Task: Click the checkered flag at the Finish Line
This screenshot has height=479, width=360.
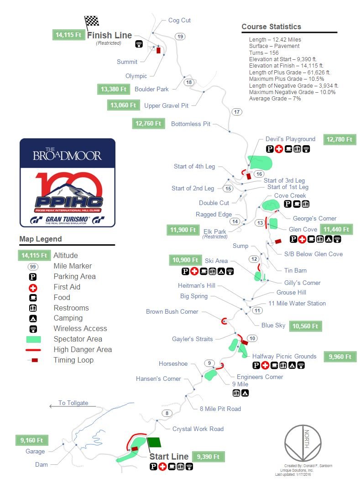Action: (x=92, y=21)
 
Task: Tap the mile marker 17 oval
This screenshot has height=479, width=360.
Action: (x=236, y=112)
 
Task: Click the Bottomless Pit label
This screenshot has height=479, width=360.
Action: (x=190, y=124)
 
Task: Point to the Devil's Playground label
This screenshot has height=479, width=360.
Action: (x=290, y=139)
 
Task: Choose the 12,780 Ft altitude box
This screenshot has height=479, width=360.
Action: (x=339, y=139)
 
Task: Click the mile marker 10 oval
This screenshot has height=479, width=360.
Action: (x=252, y=338)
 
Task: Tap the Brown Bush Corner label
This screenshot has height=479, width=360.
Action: (x=172, y=311)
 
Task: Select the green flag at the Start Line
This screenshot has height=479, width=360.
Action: (x=154, y=442)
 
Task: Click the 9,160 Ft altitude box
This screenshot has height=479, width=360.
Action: (x=31, y=440)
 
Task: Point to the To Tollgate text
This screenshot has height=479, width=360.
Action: (x=73, y=403)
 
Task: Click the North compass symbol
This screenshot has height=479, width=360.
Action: (x=303, y=442)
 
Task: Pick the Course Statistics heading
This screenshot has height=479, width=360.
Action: (x=271, y=26)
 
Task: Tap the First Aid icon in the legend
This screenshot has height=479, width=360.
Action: (x=32, y=287)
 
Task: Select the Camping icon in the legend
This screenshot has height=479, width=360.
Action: (x=32, y=318)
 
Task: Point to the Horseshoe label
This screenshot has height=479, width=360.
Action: (x=173, y=364)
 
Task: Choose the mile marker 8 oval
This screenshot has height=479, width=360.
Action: (x=167, y=414)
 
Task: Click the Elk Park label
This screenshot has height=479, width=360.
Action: (x=215, y=232)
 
